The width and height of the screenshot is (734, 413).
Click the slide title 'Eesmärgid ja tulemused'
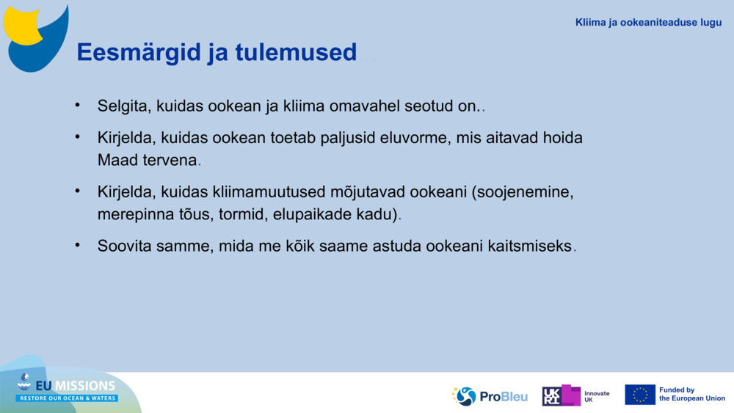(x=217, y=53)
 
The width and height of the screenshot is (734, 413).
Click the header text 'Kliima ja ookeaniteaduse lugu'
(x=648, y=23)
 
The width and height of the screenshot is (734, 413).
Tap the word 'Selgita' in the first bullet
(x=123, y=106)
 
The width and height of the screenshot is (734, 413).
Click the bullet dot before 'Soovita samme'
(x=77, y=245)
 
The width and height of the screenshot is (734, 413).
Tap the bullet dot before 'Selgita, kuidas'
(x=77, y=105)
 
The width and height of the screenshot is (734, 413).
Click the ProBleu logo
(x=490, y=396)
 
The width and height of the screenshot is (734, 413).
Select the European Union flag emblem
(x=640, y=395)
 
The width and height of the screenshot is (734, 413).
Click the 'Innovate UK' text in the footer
(x=596, y=396)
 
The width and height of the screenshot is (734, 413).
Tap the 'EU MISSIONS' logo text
(x=76, y=386)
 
